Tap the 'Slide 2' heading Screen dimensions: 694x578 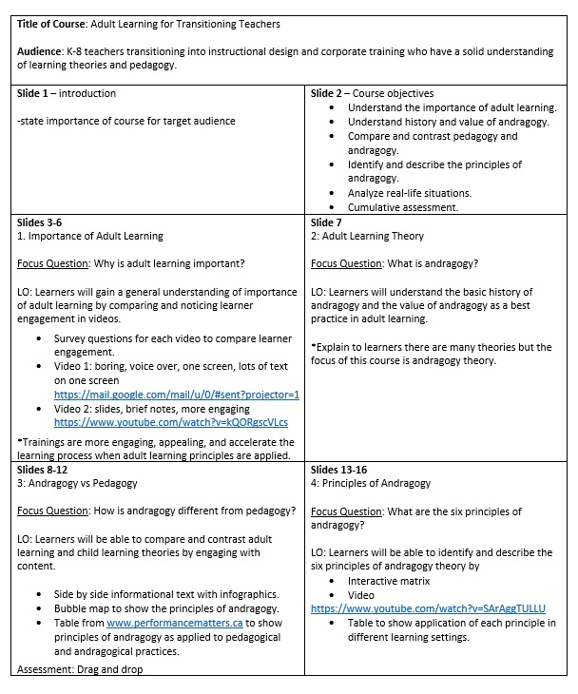click(330, 94)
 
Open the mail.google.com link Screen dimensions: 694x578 click(177, 394)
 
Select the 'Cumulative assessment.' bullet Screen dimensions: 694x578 click(403, 207)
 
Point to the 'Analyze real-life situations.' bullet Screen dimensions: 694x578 click(410, 193)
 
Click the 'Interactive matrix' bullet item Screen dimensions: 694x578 click(389, 581)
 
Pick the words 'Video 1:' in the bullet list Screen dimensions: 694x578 click(74, 365)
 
